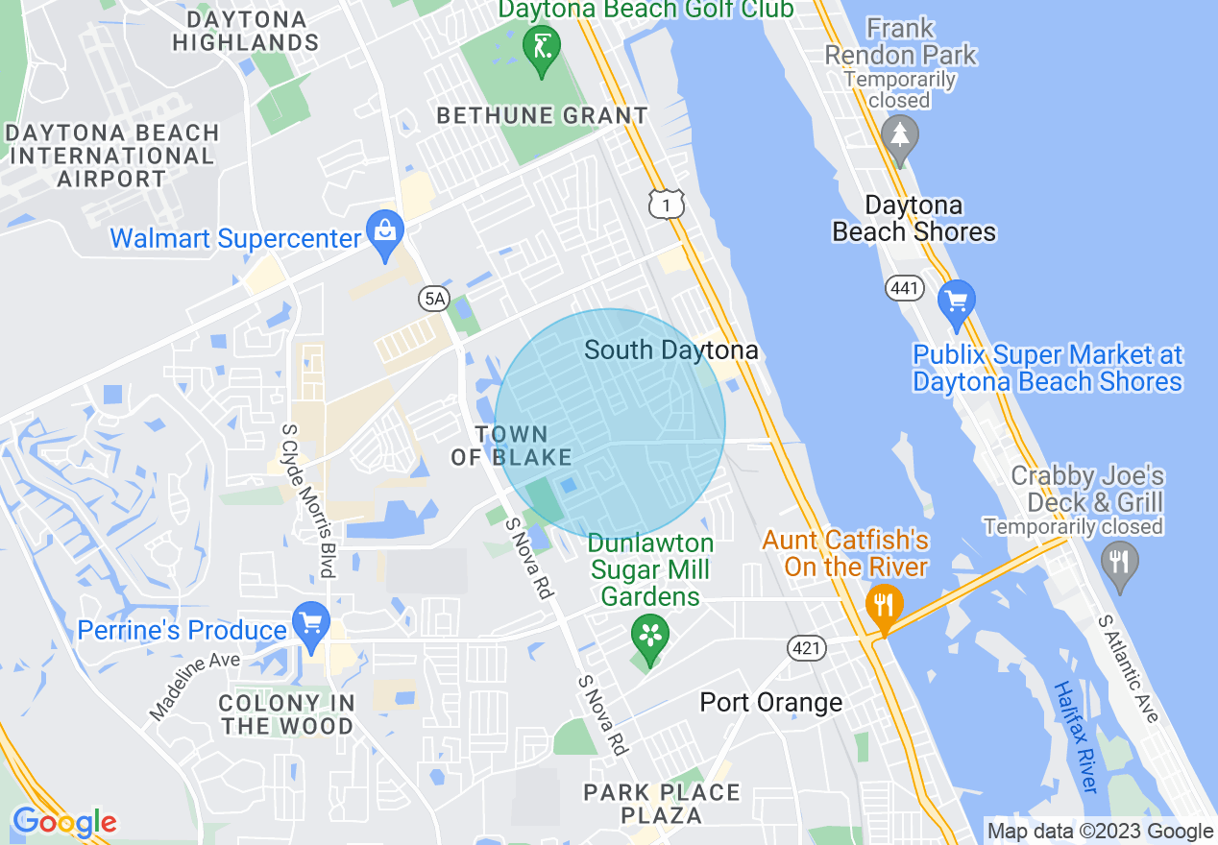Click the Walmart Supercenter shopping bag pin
(x=385, y=232)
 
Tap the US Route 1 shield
(x=666, y=204)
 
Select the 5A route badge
(x=434, y=299)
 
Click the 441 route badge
(x=905, y=287)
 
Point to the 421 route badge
(x=807, y=648)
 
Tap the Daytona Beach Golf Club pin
(x=542, y=48)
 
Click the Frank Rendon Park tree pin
(x=900, y=136)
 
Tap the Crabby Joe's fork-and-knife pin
(x=1118, y=561)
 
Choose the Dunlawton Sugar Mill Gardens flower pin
(x=650, y=637)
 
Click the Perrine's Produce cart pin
(x=310, y=623)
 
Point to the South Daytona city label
(x=670, y=350)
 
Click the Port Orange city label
(x=770, y=702)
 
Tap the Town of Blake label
(x=511, y=447)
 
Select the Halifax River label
(x=1075, y=736)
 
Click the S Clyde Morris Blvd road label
(x=307, y=500)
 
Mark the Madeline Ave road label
(x=193, y=687)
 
